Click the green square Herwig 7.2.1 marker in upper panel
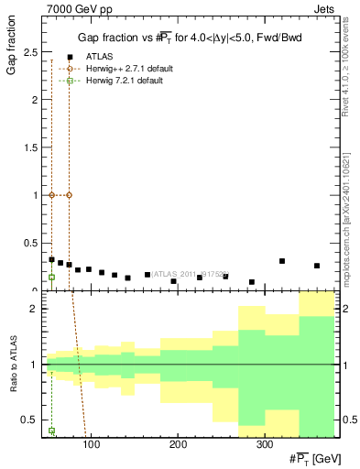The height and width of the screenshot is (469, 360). click(x=51, y=277)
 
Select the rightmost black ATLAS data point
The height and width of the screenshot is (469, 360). click(x=317, y=266)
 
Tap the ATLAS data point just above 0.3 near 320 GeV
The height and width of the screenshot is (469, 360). click(x=282, y=261)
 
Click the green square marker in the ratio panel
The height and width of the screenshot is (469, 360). click(x=51, y=431)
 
